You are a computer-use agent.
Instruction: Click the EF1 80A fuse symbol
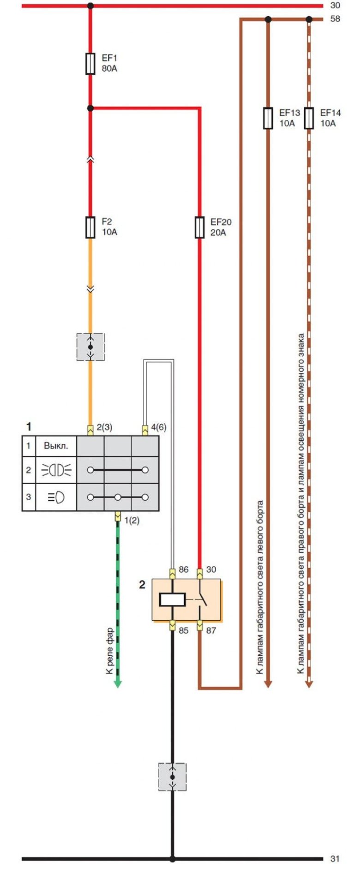pyautogui.click(x=90, y=64)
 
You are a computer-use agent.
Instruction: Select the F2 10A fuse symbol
pyautogui.click(x=90, y=227)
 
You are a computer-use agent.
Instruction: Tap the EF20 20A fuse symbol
pyautogui.click(x=199, y=228)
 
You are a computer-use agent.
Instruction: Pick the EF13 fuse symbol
pyautogui.click(x=268, y=118)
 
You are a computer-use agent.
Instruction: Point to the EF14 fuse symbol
pyautogui.click(x=309, y=118)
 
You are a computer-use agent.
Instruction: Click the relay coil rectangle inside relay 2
pyautogui.click(x=172, y=599)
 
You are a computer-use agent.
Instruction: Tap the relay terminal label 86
pyautogui.click(x=184, y=569)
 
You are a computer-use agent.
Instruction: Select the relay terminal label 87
pyautogui.click(x=211, y=630)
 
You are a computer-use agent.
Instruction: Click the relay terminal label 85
pyautogui.click(x=184, y=630)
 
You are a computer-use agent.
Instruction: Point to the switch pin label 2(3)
pyautogui.click(x=104, y=427)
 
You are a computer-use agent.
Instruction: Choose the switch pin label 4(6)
pyautogui.click(x=158, y=427)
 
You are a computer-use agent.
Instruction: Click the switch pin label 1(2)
pyautogui.click(x=132, y=521)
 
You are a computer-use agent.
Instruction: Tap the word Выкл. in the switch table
pyautogui.click(x=56, y=446)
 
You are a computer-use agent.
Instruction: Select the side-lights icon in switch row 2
pyautogui.click(x=56, y=470)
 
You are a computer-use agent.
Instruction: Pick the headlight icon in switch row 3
pyautogui.click(x=56, y=497)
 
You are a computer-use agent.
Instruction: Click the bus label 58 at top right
pyautogui.click(x=335, y=19)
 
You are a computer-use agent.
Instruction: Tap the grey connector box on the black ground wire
pyautogui.click(x=172, y=777)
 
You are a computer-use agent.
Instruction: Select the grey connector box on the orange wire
pyautogui.click(x=90, y=347)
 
